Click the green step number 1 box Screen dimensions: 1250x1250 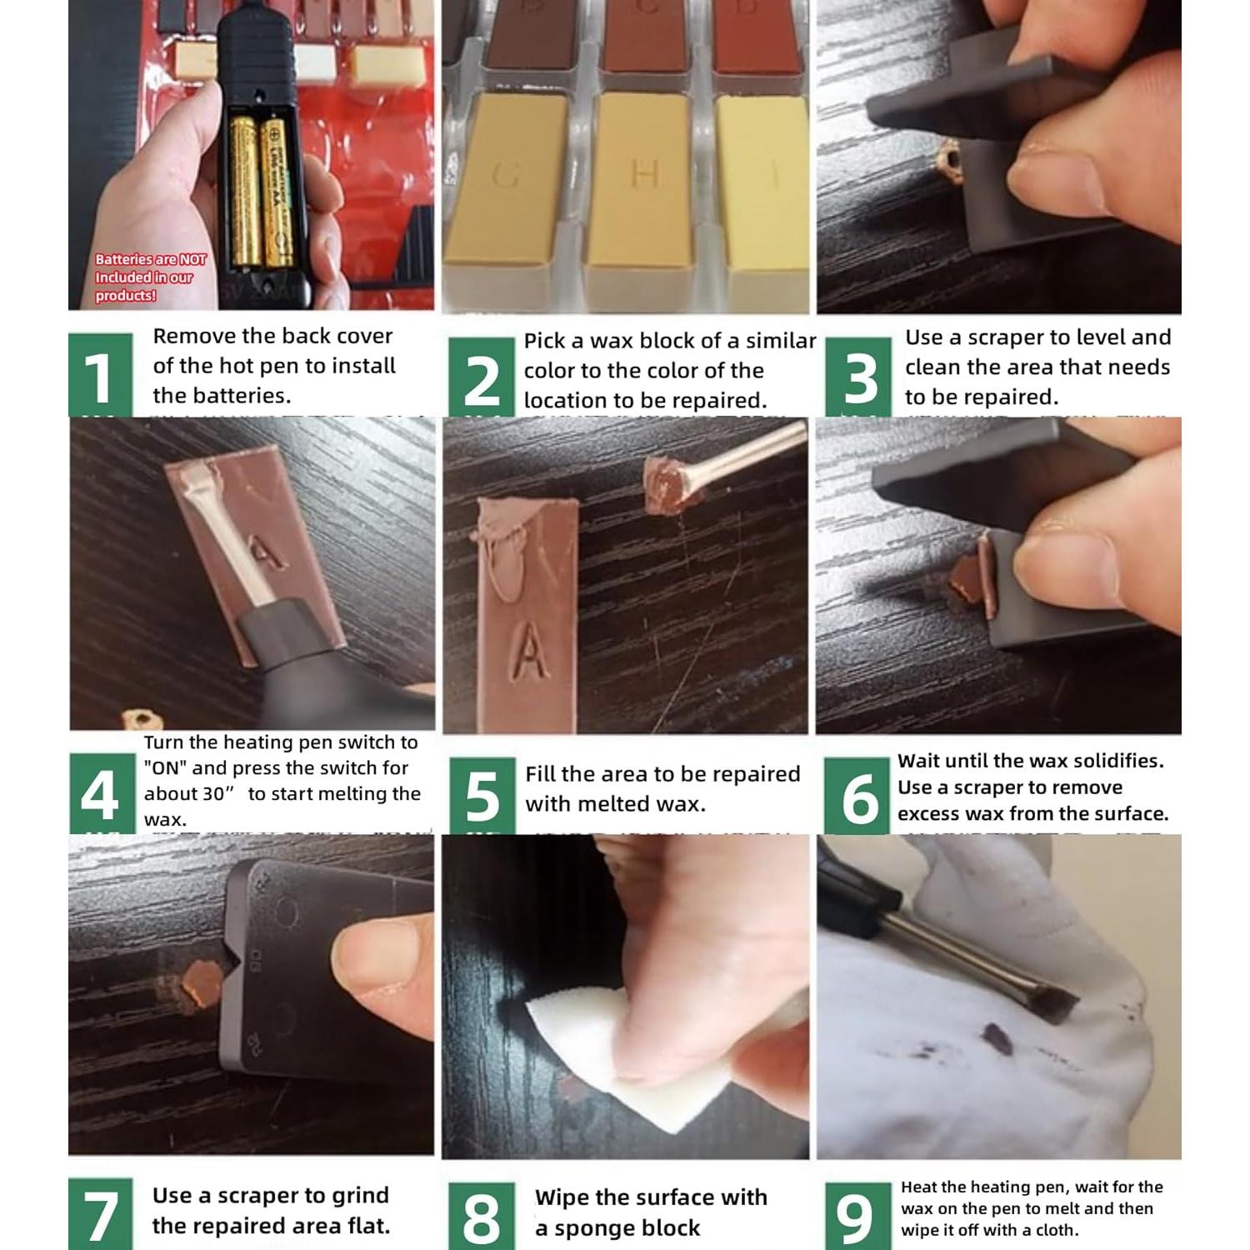click(100, 374)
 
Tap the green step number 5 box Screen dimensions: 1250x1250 click(482, 795)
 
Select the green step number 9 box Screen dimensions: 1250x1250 click(857, 1216)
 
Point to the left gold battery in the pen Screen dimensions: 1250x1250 click(244, 191)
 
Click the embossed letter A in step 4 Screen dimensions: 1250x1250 click(265, 550)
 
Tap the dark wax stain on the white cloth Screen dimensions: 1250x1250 click(997, 1038)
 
